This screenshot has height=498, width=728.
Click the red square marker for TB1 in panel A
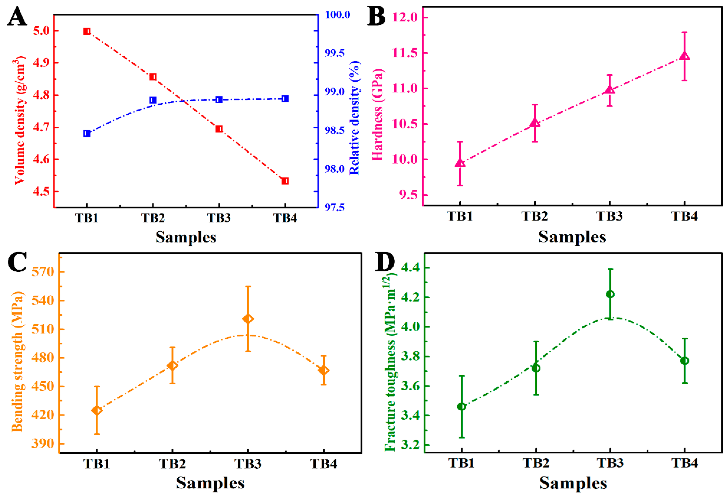tap(87, 31)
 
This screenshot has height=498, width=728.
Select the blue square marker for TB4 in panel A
tap(285, 99)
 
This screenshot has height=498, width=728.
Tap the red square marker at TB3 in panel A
tap(219, 129)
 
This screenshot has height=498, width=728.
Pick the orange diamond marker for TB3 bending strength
tap(248, 319)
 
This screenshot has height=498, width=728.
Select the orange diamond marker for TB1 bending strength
tap(97, 410)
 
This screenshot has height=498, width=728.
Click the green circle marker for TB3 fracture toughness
tap(610, 294)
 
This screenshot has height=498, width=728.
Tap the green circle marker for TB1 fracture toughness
tap(461, 406)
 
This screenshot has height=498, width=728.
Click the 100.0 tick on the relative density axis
tap(337, 15)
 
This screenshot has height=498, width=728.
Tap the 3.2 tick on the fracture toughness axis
tap(410, 445)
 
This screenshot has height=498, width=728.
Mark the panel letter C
tap(17, 263)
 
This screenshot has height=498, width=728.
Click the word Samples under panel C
tap(210, 483)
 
